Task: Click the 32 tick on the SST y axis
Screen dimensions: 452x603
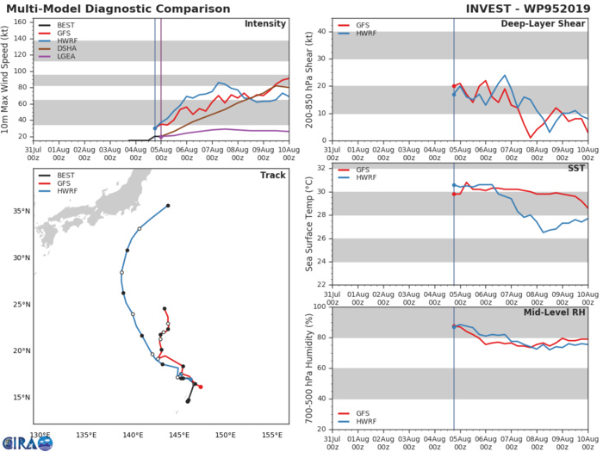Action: point(309,168)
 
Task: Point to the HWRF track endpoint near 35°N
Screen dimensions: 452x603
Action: point(168,206)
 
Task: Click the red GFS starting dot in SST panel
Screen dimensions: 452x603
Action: point(454,194)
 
